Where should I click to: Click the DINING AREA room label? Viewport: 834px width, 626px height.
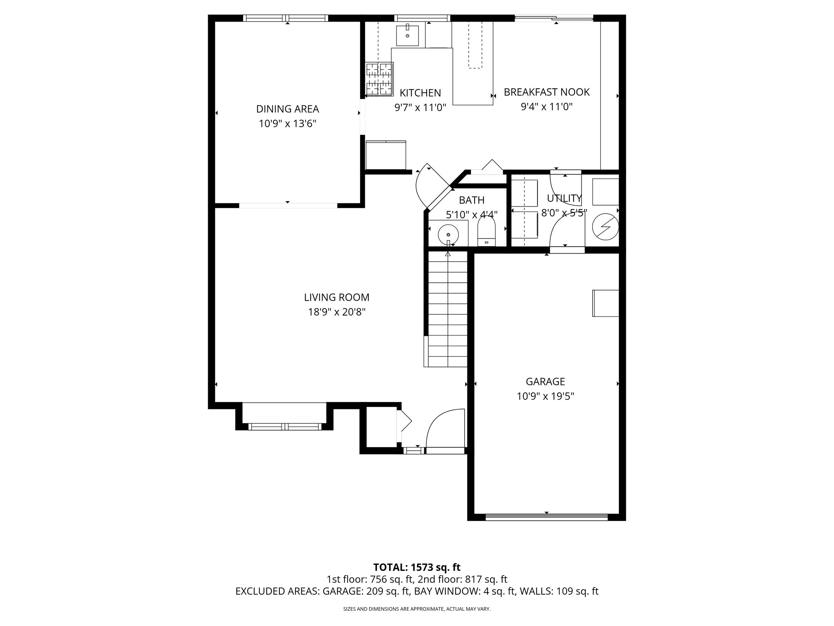[x=287, y=109]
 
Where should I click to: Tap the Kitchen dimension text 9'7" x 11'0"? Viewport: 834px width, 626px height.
[x=420, y=107]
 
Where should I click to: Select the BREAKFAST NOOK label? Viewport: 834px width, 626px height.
[x=547, y=92]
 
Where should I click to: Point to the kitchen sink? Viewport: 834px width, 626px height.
[x=407, y=35]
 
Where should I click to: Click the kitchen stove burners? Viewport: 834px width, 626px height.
[x=380, y=79]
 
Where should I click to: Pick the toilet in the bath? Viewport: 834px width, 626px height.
[x=486, y=231]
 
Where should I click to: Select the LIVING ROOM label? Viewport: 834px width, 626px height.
[x=337, y=297]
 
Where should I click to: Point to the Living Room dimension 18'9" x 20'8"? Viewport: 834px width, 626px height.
[x=337, y=312]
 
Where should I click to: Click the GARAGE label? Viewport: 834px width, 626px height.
[x=545, y=382]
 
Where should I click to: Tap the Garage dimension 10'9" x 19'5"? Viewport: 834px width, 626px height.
[x=545, y=396]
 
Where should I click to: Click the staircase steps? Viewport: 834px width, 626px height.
[x=448, y=309]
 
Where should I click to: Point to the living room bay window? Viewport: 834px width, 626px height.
[x=285, y=426]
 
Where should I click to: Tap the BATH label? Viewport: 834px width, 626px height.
[x=472, y=200]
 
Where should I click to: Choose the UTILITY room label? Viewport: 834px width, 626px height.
[x=564, y=198]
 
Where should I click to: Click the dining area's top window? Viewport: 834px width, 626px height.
[x=285, y=18]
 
